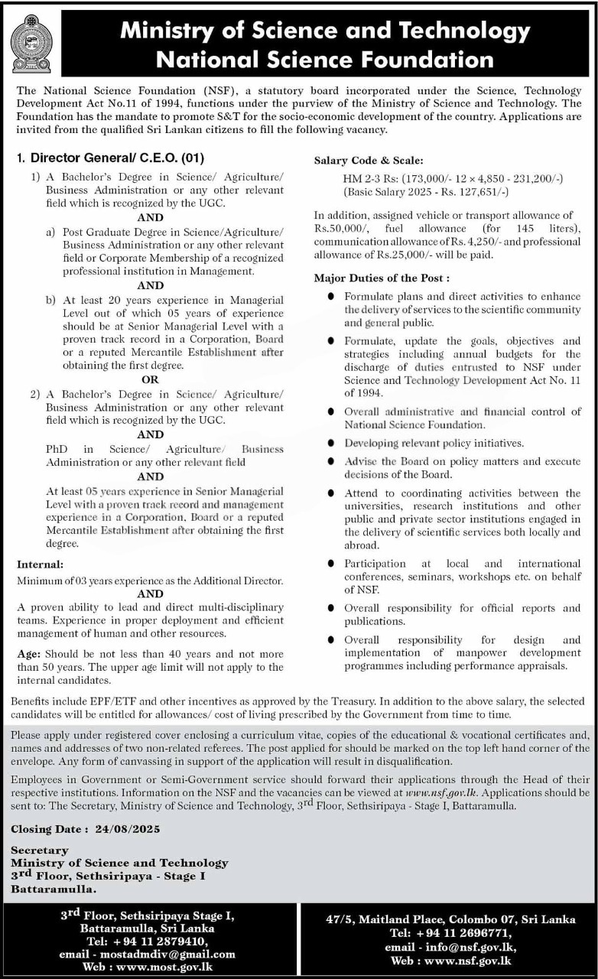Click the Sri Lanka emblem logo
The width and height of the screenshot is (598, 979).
tap(31, 44)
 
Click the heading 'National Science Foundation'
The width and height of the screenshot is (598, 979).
tap(325, 59)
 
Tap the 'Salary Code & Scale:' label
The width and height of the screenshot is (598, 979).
tap(368, 161)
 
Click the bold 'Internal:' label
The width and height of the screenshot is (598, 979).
tap(40, 564)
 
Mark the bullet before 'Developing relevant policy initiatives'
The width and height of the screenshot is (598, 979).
tap(330, 444)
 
